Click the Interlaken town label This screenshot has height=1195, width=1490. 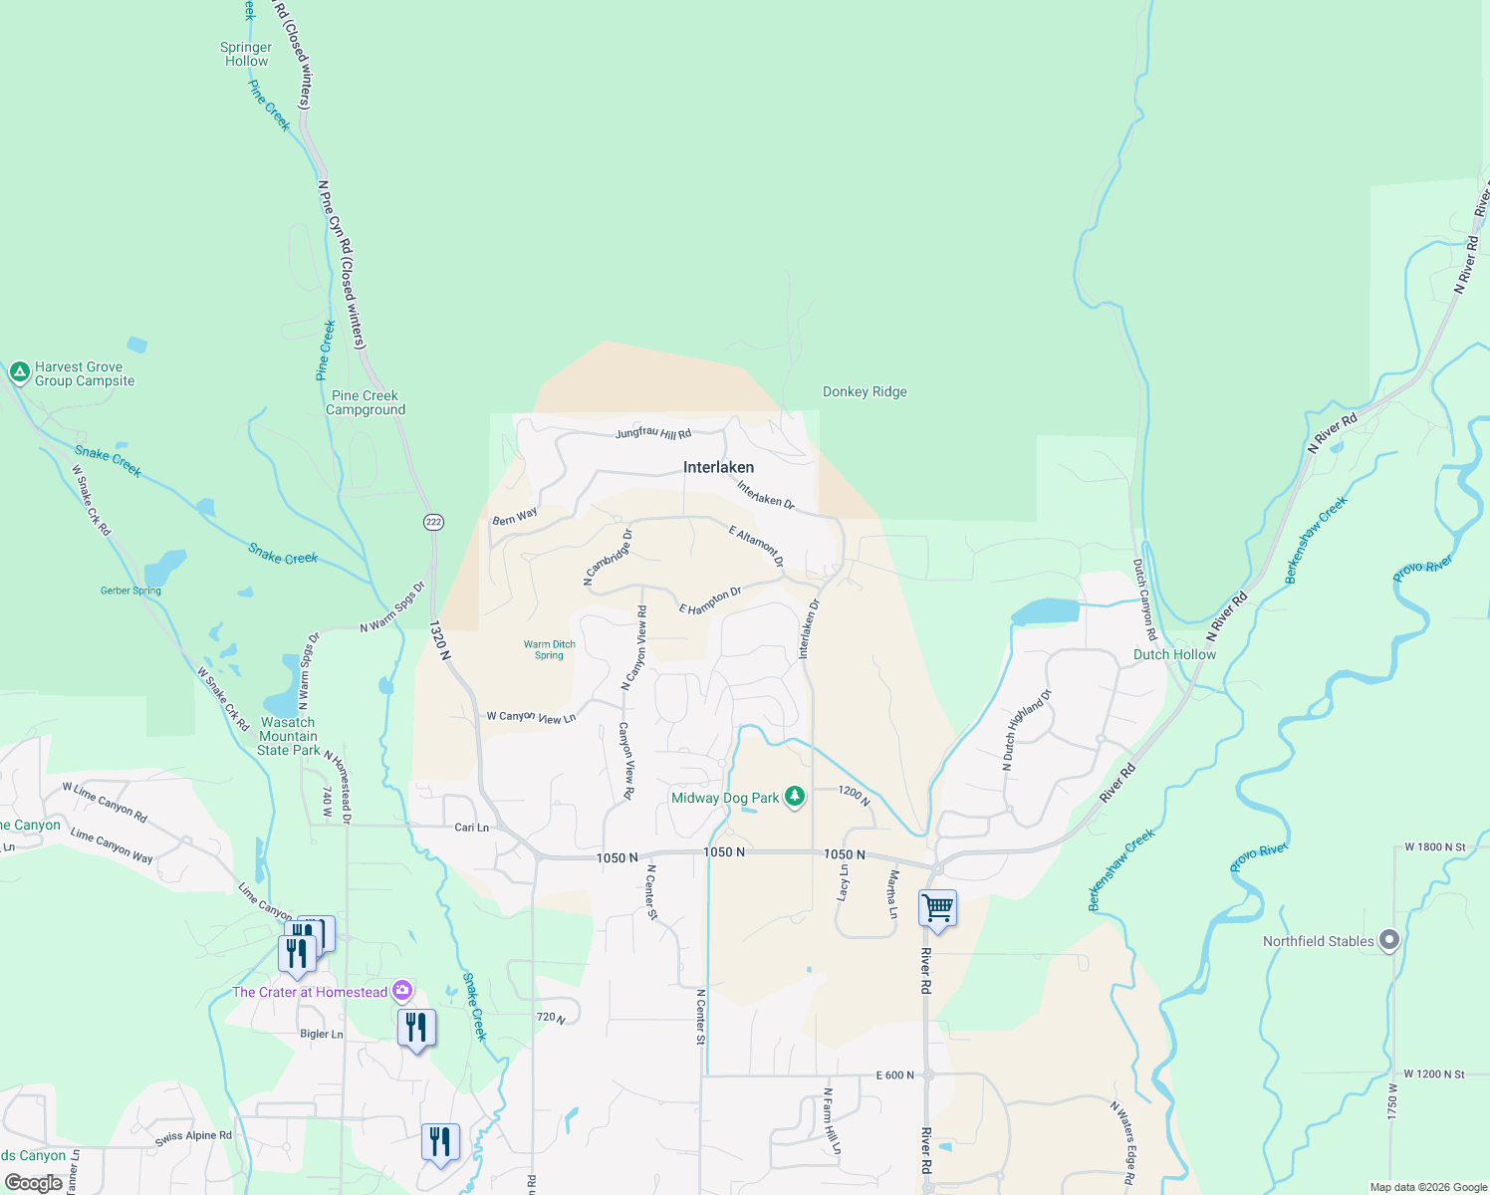point(718,467)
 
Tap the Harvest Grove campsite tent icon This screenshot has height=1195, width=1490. point(19,372)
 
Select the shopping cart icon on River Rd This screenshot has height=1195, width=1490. point(937,908)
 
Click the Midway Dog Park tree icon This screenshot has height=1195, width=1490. point(794,797)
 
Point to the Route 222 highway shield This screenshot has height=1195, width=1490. point(433,522)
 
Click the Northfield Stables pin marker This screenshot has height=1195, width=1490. point(1389,940)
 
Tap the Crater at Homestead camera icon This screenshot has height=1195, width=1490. point(402,990)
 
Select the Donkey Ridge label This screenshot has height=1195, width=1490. point(865,391)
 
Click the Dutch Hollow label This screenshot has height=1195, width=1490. point(1174,654)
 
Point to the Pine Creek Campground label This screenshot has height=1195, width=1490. point(366,402)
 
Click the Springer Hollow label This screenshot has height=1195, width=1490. point(246,54)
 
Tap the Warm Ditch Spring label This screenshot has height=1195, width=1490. point(550,649)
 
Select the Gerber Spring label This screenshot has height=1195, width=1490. point(130,591)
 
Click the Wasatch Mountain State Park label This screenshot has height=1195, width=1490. point(289,736)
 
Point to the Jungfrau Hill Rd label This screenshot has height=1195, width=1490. point(652,433)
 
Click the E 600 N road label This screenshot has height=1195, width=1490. point(894,1075)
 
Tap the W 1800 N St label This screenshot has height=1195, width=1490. point(1434,847)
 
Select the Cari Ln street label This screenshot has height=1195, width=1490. point(471,828)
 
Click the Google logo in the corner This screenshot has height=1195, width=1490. point(33,1183)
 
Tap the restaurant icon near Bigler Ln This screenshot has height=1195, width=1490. point(416,1027)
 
